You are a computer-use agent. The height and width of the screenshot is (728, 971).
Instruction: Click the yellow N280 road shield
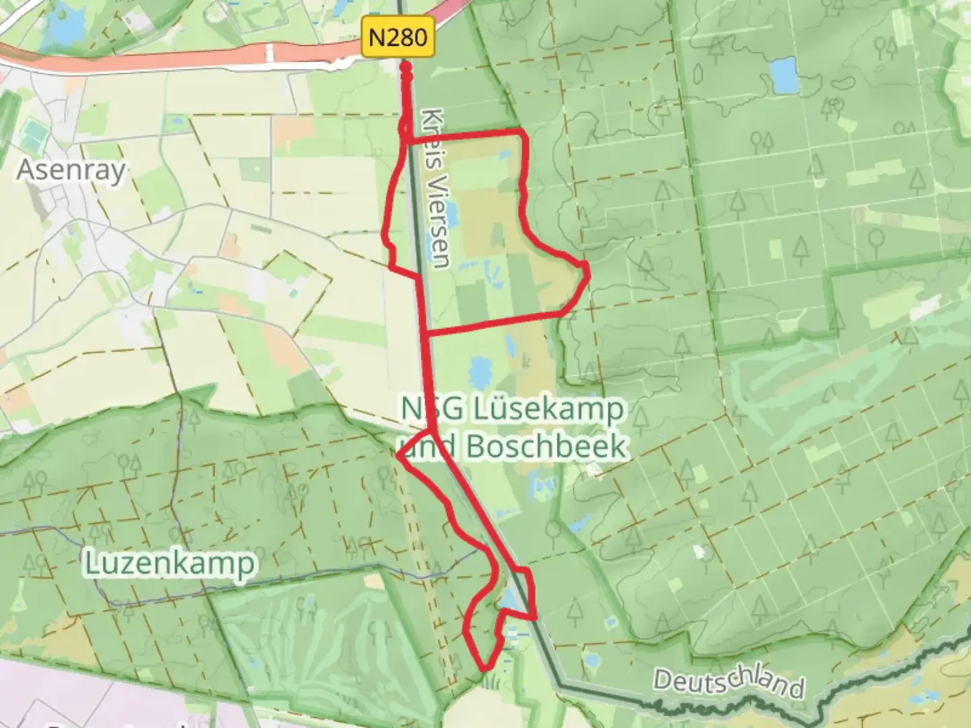pos(398,37)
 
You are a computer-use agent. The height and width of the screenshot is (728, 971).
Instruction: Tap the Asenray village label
pos(71,170)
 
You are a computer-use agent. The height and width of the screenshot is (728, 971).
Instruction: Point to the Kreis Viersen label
pos(434,188)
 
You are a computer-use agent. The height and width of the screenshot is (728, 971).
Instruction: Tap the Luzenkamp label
pos(171,564)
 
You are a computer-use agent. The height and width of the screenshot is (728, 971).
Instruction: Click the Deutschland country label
pos(728,681)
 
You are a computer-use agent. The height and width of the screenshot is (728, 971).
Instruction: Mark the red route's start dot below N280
pos(406,67)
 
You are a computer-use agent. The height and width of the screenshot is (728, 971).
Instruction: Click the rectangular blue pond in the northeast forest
pos(782,75)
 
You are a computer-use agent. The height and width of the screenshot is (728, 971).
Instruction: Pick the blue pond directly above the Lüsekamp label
pos(480,370)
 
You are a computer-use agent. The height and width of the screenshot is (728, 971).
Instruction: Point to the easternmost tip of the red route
pos(589,274)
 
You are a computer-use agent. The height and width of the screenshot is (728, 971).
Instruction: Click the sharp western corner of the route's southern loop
pos(399,458)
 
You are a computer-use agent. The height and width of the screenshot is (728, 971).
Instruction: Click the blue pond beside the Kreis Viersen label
pos(450,217)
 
